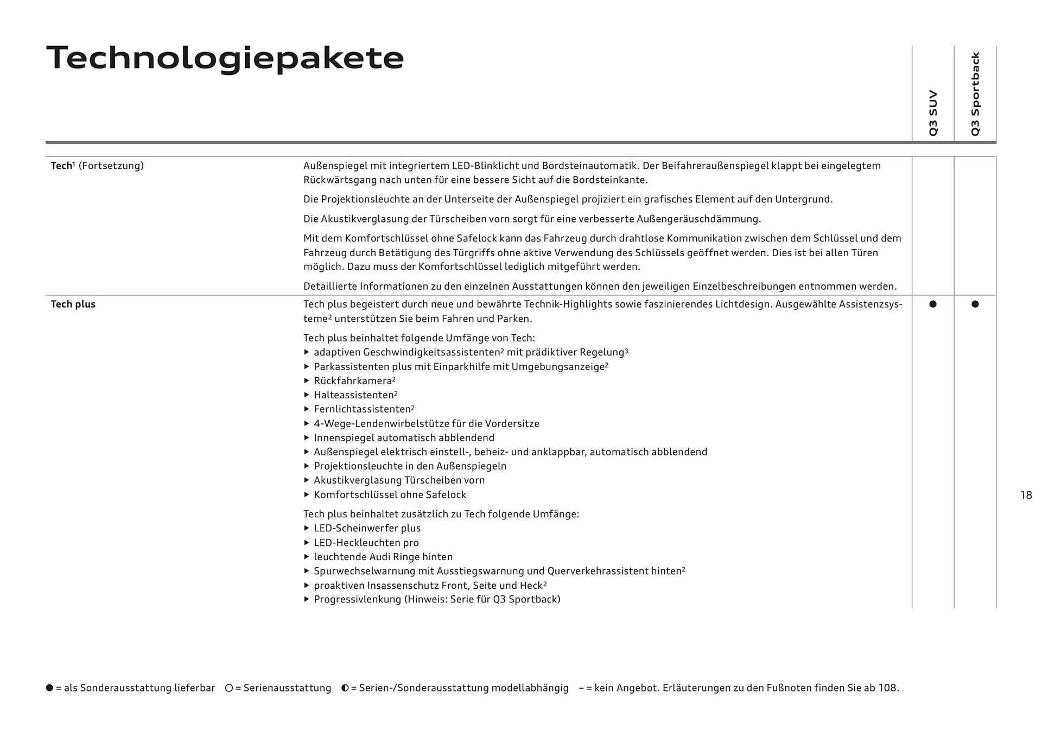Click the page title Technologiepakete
[225, 58]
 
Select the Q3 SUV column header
[933, 113]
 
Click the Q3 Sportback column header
[975, 94]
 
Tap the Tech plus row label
[73, 304]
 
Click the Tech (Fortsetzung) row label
[97, 166]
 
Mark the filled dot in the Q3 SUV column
[933, 304]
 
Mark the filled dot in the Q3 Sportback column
[975, 304]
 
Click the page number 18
[1026, 495]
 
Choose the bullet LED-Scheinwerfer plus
[367, 529]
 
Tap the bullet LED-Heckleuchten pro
[366, 543]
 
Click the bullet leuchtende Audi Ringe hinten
[383, 557]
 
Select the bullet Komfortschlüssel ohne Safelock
[390, 495]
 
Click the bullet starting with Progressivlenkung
[437, 600]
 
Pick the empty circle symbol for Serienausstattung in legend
[229, 688]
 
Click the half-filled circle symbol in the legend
[345, 688]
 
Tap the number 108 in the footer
[887, 688]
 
